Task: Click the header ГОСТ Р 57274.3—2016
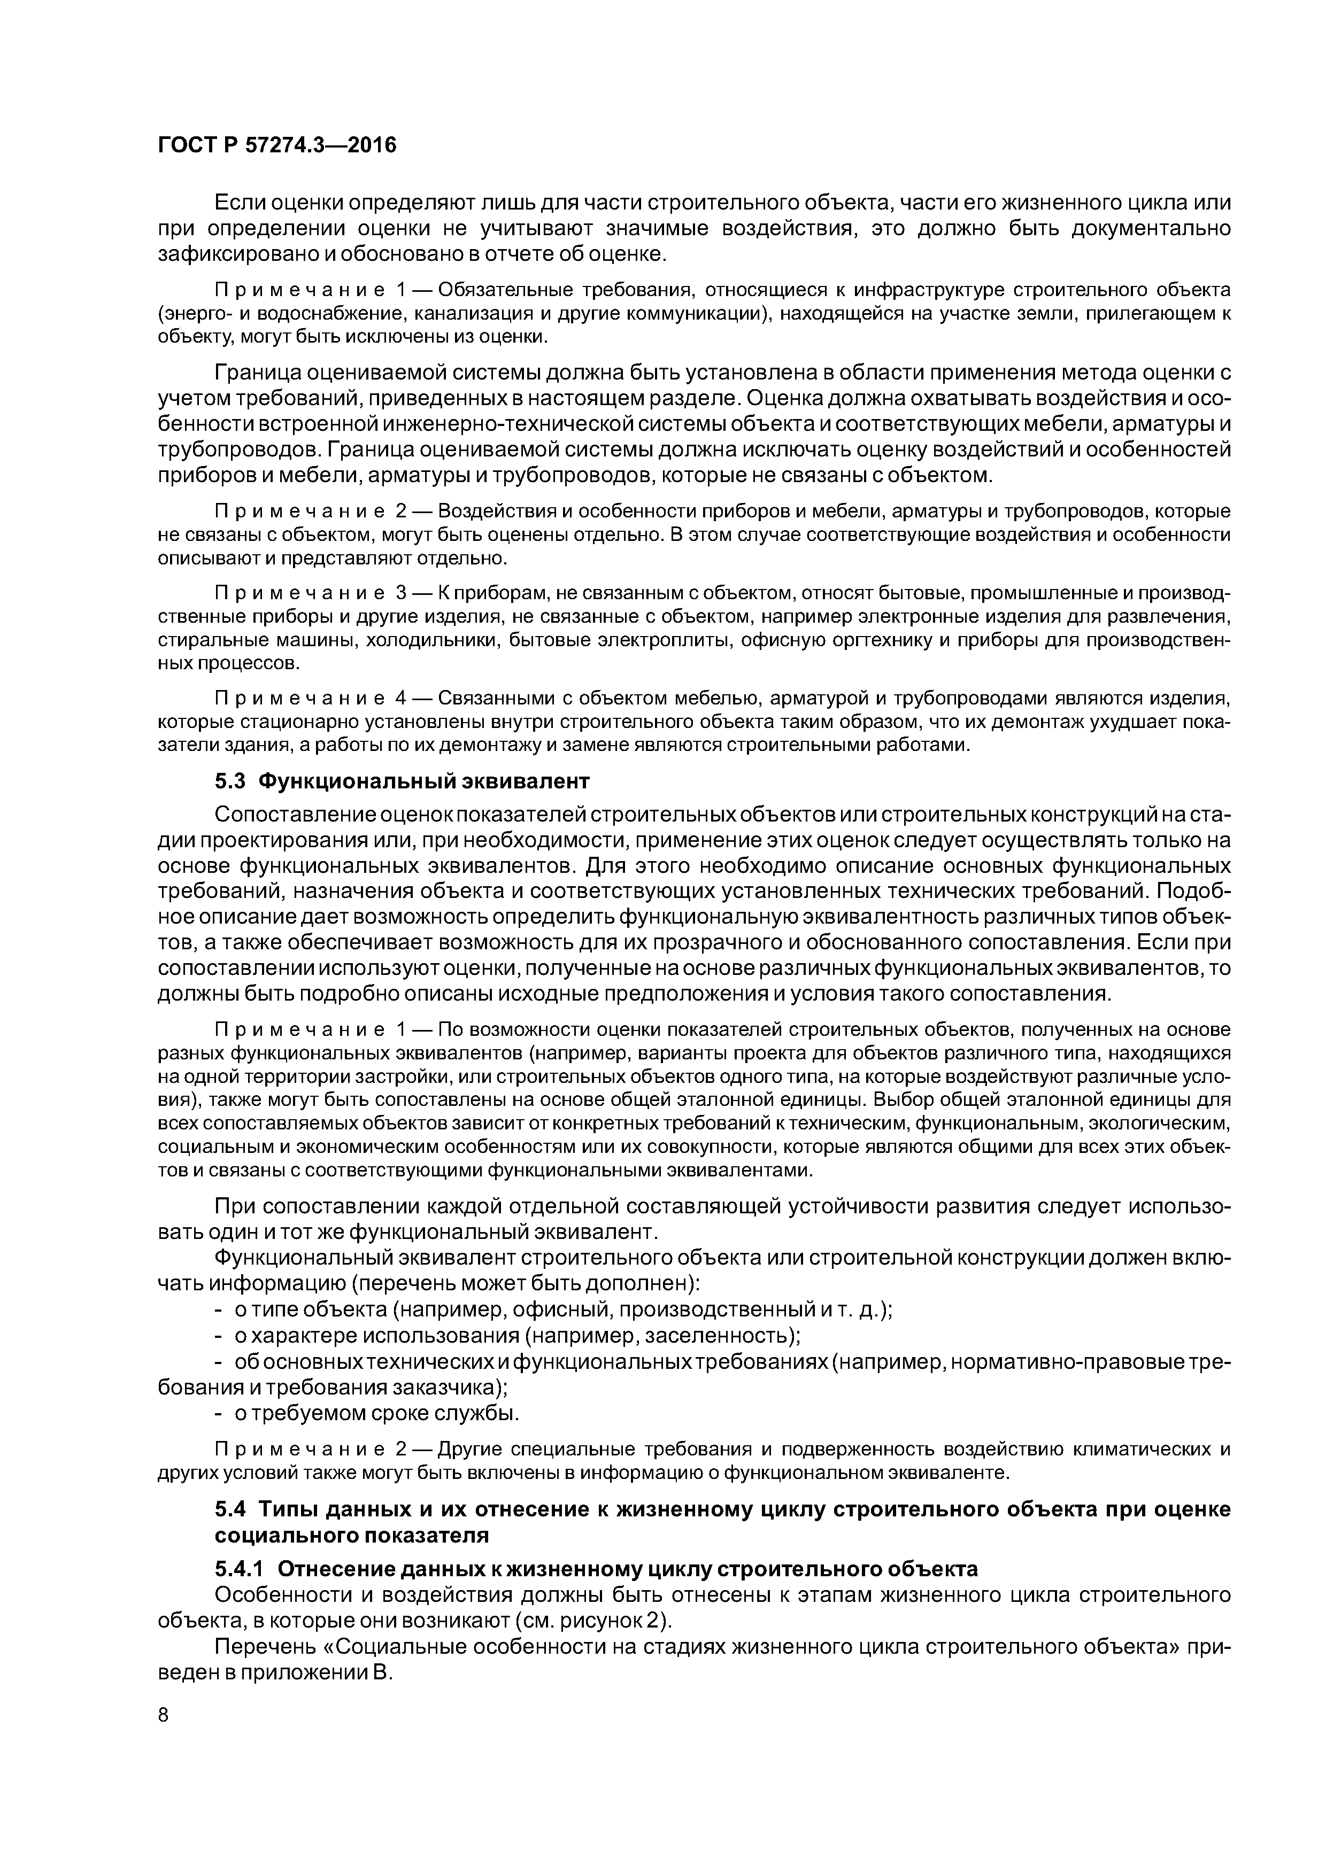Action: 276,145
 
